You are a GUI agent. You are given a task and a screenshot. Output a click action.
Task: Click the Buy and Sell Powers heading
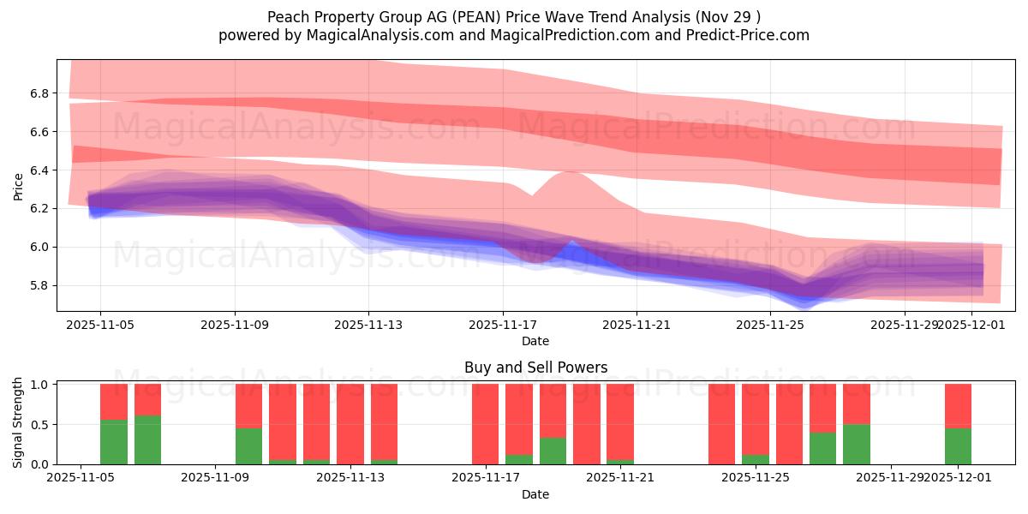[535, 368]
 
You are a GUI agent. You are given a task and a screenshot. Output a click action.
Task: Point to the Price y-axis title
[19, 185]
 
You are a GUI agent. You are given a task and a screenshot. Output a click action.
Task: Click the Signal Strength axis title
[19, 422]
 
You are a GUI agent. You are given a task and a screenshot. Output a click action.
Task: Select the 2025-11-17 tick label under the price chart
[503, 325]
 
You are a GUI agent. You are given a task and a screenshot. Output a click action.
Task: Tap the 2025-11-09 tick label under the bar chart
[215, 477]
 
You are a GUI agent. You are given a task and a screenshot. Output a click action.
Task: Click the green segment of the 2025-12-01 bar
[958, 446]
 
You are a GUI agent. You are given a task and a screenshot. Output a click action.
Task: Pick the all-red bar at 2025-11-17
[485, 424]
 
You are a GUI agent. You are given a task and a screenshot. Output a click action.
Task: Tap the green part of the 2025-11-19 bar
[553, 451]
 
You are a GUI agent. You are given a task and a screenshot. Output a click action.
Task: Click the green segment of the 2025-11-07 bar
[147, 439]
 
